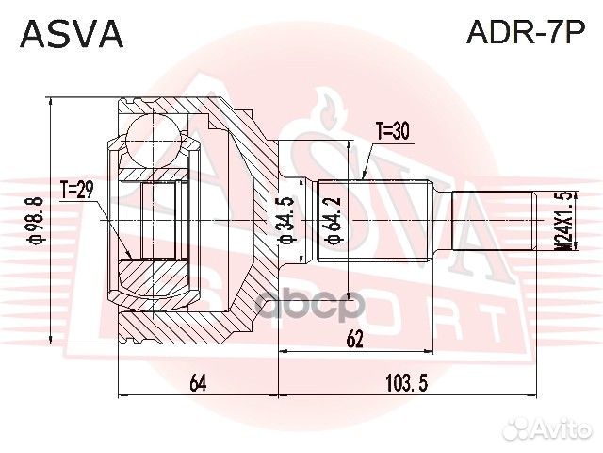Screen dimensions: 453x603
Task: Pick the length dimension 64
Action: point(198,382)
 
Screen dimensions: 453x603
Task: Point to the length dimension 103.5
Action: point(407,382)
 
